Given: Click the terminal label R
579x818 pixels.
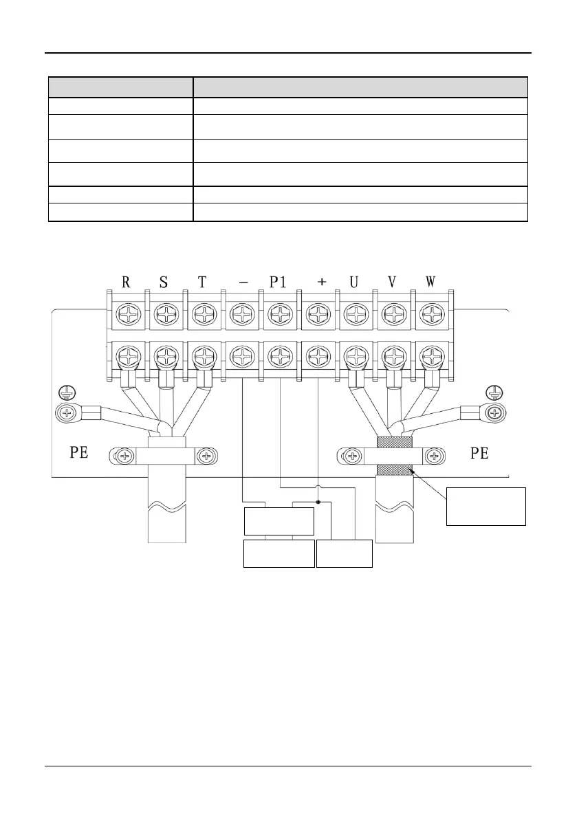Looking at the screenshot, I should click(126, 283).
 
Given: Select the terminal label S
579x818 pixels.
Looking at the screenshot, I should click(164, 283).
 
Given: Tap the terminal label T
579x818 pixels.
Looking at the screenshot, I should click(201, 283).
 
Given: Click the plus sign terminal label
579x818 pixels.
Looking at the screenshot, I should click(320, 283).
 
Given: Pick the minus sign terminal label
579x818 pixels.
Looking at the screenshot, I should click(242, 283).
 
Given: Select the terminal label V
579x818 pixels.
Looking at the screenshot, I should click(392, 283).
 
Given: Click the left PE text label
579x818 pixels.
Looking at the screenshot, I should click(79, 454).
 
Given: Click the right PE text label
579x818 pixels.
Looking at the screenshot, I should click(479, 454).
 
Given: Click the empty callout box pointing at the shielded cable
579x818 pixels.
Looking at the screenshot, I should click(485, 506).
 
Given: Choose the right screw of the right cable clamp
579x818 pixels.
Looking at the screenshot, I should click(433, 456).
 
